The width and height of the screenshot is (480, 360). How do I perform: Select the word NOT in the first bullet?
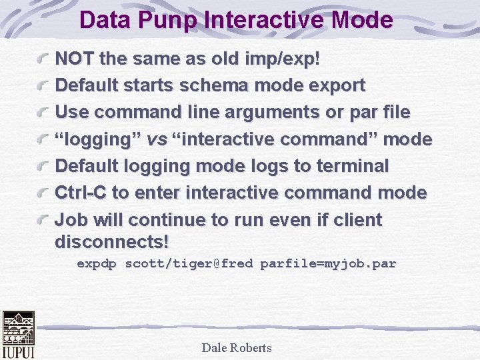point(74,59)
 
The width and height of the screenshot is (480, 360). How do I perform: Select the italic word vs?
point(157,139)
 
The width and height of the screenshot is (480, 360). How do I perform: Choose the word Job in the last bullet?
point(70,220)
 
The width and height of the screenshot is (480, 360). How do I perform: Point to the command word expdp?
point(97,263)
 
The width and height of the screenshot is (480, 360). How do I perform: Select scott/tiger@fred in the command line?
point(189,263)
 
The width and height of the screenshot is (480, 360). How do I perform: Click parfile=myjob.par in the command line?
point(328,263)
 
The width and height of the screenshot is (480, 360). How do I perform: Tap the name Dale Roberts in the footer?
point(236,347)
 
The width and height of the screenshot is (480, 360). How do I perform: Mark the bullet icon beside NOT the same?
point(45,59)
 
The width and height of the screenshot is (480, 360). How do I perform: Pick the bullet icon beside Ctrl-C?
point(45,193)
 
